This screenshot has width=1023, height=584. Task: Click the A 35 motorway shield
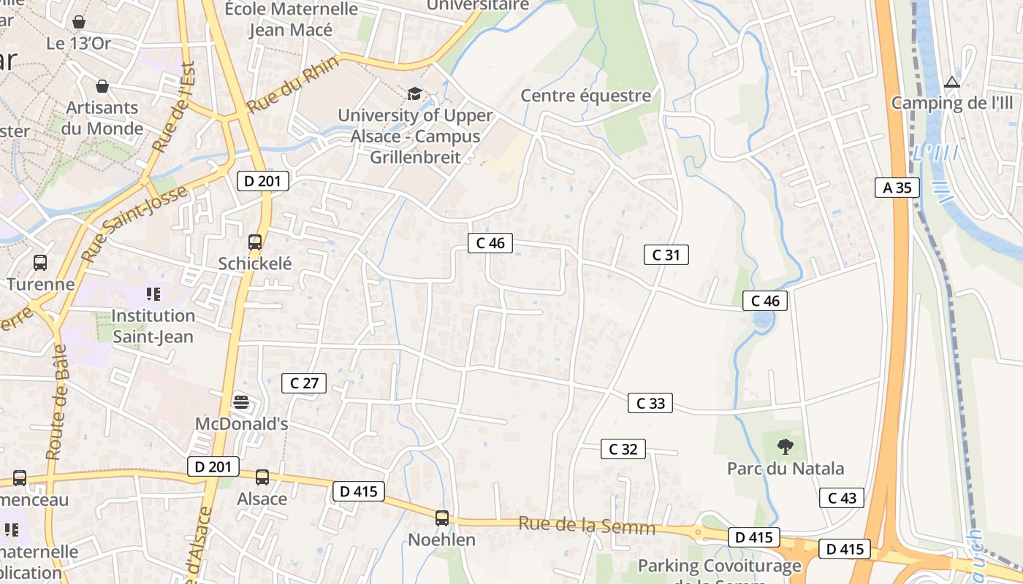897,188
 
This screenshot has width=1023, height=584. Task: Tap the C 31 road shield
666,255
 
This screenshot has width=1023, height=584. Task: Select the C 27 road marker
304,383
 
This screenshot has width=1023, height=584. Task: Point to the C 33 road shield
650,403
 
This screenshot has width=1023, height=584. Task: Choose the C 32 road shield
623,449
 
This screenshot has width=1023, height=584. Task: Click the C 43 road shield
841,498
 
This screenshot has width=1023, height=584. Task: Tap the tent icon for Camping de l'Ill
951,82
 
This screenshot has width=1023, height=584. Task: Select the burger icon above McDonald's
241,402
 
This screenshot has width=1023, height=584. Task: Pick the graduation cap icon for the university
414,93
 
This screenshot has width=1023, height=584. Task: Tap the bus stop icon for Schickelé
254,242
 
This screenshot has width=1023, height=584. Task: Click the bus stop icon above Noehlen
441,518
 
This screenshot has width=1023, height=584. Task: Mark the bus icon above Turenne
40,262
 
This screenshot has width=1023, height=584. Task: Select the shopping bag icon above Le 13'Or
78,22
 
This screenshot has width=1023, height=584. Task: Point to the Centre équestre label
585,96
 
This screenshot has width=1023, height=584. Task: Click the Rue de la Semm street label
587,525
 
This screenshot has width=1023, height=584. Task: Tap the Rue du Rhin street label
292,85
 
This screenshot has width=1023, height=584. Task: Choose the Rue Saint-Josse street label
134,223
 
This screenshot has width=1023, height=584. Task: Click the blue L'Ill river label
935,154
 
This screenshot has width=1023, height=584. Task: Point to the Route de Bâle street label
56,401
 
